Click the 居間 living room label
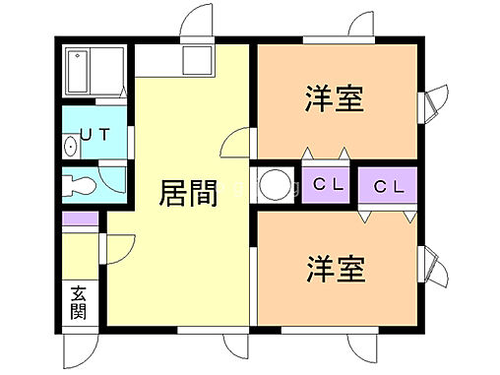click(x=188, y=194)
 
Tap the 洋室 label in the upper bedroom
click(x=335, y=99)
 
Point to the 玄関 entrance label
click(x=78, y=302)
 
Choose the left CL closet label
click(x=328, y=184)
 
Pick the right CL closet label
click(x=388, y=185)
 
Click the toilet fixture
click(x=80, y=184)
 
